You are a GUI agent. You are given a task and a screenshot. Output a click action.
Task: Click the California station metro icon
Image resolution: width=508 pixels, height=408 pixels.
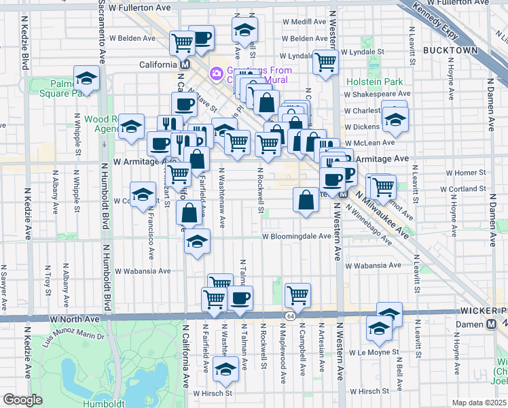tap(184, 65)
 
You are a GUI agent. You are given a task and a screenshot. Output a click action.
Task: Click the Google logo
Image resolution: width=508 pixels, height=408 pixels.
tap(22, 400)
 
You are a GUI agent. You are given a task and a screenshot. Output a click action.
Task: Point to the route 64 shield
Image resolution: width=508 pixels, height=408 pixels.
tap(290, 316)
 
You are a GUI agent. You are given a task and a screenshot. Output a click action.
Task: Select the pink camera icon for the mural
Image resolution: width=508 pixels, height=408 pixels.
tap(216, 72)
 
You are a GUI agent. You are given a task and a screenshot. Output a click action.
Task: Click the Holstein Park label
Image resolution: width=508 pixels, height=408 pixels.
tap(375, 82)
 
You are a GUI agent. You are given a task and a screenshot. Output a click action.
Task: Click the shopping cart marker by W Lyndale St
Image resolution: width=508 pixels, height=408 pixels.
tap(326, 61)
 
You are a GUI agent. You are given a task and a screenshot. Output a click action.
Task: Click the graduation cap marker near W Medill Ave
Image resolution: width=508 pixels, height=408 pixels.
tap(244, 29)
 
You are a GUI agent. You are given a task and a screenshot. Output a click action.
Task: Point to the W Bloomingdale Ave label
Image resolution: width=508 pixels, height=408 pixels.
tap(297, 237)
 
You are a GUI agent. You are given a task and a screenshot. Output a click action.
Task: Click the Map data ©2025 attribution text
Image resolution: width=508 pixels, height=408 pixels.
tap(479, 403)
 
